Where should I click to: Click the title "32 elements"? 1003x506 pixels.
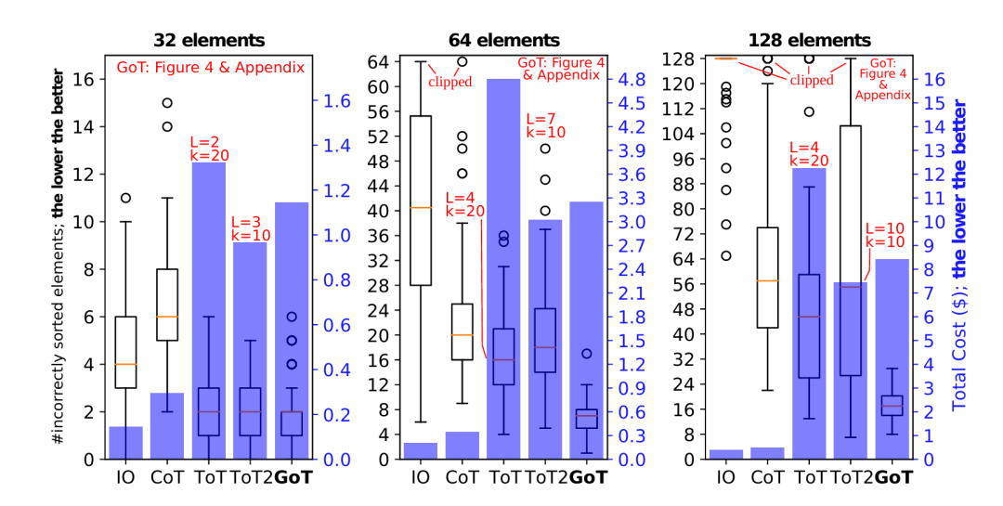click(x=210, y=40)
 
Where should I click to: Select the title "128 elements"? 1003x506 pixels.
click(x=810, y=40)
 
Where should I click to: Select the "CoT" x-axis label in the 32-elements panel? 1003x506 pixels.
click(x=168, y=478)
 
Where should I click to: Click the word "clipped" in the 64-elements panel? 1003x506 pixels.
click(x=450, y=82)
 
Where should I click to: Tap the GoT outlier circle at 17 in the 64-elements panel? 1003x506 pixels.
click(x=587, y=354)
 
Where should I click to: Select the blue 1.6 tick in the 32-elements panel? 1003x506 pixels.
click(x=336, y=101)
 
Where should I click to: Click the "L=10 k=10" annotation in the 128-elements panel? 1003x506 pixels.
click(x=883, y=235)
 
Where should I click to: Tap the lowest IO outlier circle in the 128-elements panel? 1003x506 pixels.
click(x=727, y=255)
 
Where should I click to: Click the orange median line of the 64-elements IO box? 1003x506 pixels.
click(x=421, y=207)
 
